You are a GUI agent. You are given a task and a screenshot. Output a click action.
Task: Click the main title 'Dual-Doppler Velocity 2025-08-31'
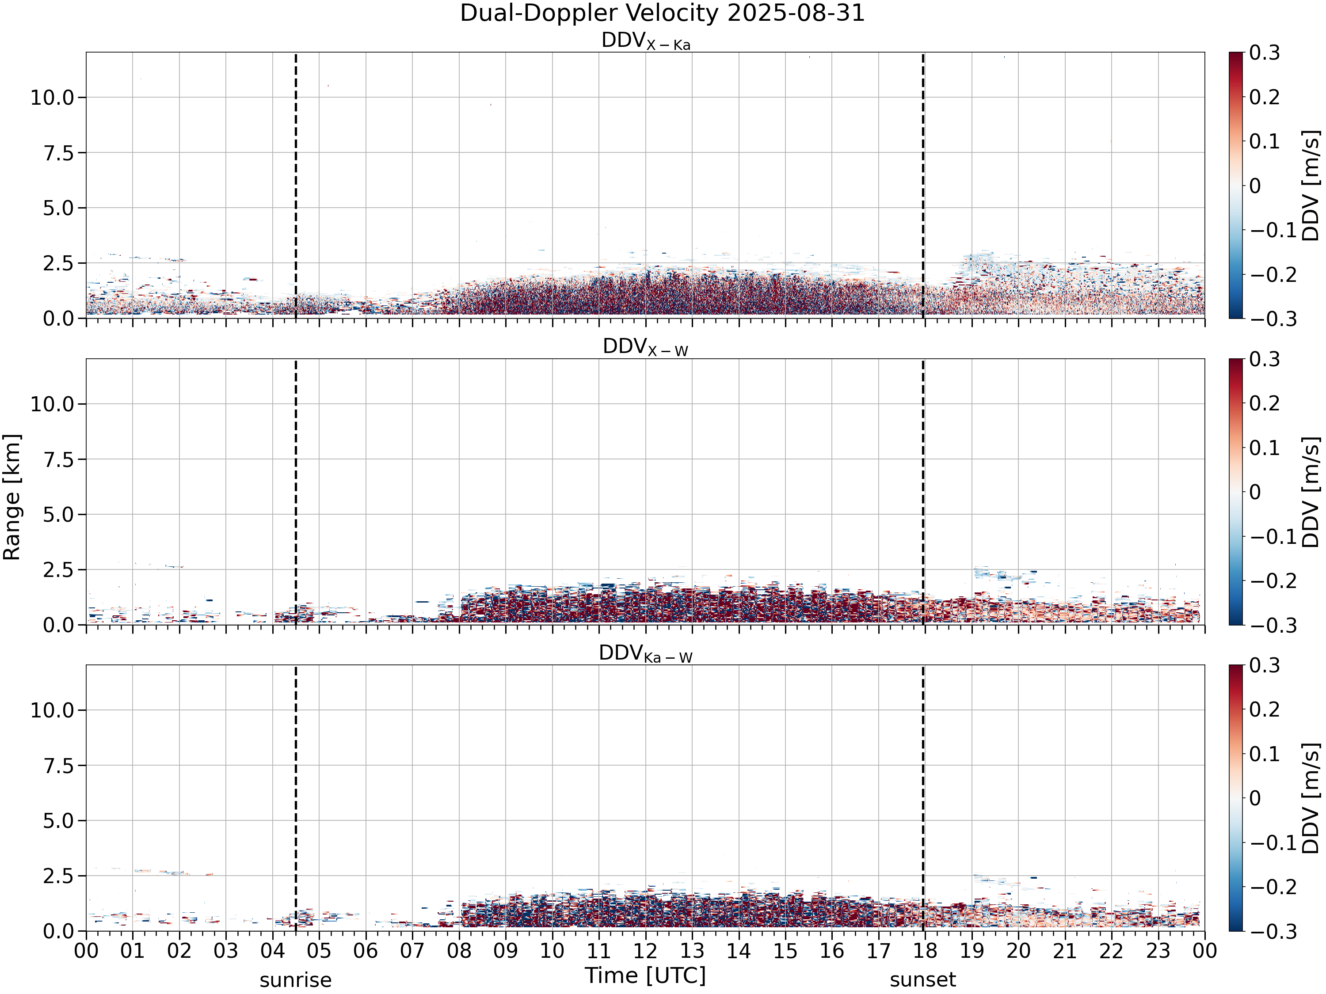[x=663, y=13]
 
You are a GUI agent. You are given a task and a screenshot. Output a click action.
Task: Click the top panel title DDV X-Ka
[x=646, y=42]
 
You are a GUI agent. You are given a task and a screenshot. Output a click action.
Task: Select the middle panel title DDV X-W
[x=646, y=348]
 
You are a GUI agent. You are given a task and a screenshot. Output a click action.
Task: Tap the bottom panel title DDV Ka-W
[x=646, y=654]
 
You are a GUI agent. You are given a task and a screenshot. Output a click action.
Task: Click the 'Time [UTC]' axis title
[x=646, y=975]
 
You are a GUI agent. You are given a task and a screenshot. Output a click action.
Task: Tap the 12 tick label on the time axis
[x=646, y=951]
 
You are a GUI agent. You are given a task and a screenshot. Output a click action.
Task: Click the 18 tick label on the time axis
[x=925, y=951]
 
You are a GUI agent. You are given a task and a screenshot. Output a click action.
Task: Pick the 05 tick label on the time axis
[x=319, y=951]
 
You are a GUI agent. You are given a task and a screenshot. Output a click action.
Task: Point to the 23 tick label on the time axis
[x=1158, y=951]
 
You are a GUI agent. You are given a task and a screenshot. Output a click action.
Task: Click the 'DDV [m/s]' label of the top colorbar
[x=1311, y=186]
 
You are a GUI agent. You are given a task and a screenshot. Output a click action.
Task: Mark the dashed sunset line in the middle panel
[x=922, y=492]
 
